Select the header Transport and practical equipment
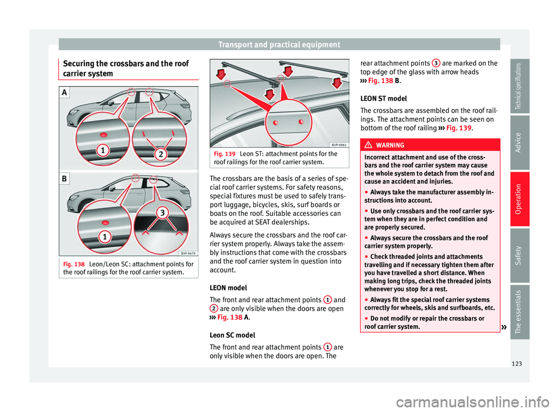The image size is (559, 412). pyautogui.click(x=279, y=44)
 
